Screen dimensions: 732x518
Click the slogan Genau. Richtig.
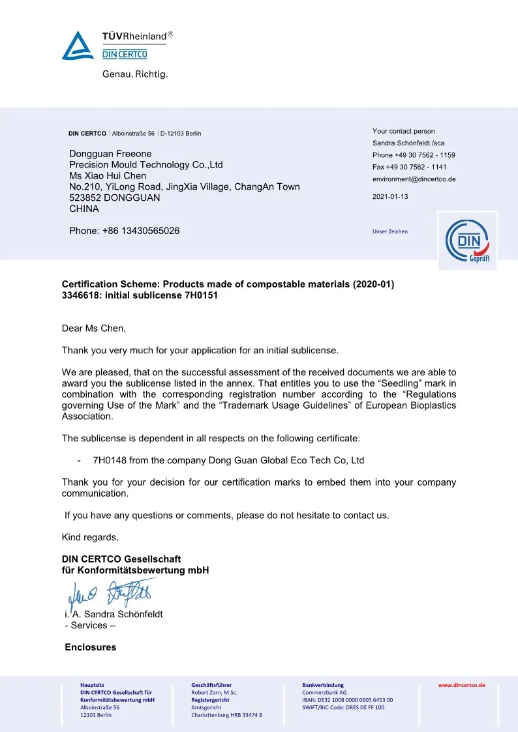tap(135, 74)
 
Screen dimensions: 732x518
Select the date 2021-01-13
tap(390, 196)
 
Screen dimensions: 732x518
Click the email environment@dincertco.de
tap(414, 179)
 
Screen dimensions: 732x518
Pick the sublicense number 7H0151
tap(202, 295)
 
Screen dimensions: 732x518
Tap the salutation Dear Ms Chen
tap(93, 329)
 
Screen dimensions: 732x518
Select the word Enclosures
tap(91, 647)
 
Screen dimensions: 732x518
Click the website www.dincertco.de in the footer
tap(461, 685)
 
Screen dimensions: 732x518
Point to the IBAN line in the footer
tap(347, 700)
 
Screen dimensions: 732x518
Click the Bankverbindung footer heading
tap(323, 685)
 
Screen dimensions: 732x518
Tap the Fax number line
tap(409, 167)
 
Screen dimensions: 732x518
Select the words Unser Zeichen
tap(390, 231)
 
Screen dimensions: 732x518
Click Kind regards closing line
tap(90, 537)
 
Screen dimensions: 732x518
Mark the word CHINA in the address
tap(84, 209)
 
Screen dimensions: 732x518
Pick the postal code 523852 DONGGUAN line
tap(114, 198)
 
